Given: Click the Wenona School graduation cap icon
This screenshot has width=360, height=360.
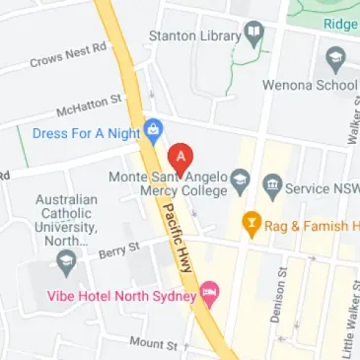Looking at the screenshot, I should (333, 60).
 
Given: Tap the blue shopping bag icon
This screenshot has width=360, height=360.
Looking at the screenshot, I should (154, 129).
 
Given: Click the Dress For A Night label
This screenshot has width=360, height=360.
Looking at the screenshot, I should (86, 131).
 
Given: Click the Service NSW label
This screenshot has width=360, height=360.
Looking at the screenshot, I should (322, 185).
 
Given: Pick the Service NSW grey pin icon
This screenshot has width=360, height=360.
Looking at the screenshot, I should (272, 184).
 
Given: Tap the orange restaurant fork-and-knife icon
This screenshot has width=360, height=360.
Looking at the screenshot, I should (252, 226).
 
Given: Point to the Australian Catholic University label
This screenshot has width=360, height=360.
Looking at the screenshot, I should (66, 220).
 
